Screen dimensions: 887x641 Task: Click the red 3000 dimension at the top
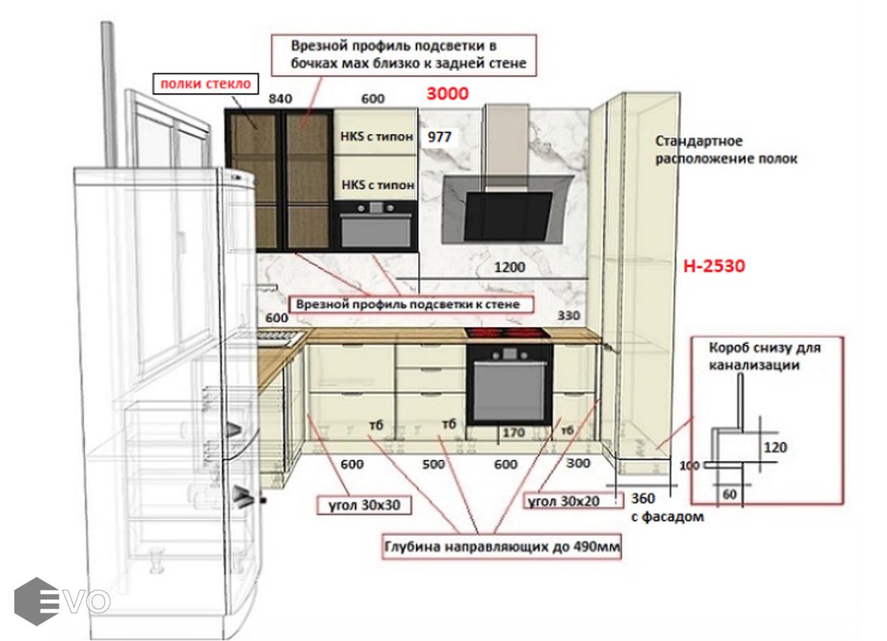tap(447, 93)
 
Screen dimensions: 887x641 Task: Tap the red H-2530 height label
tap(714, 266)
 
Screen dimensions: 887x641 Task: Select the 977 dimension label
tap(440, 137)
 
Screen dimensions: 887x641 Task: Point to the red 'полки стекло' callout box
tap(205, 83)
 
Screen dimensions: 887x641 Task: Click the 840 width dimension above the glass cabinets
tap(281, 98)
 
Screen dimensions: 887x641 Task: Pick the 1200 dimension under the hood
tap(509, 267)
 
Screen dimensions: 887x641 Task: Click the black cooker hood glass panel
tap(508, 217)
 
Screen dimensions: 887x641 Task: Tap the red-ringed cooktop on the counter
tap(507, 333)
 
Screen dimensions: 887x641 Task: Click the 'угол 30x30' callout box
tap(364, 505)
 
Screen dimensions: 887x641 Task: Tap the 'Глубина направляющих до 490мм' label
tap(502, 547)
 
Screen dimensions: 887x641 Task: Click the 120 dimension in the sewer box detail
tap(775, 447)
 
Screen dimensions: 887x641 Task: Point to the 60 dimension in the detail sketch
tap(730, 494)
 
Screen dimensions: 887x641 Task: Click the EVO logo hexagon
tap(36, 601)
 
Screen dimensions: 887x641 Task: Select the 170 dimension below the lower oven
tap(514, 433)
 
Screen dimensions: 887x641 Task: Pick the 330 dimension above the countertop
tap(569, 316)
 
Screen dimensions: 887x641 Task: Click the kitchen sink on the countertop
tap(280, 337)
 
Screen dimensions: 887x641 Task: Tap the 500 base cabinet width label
tap(433, 464)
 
